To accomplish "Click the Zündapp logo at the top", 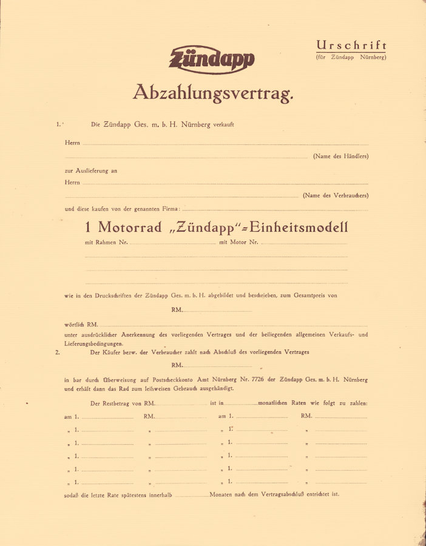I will point(212,59).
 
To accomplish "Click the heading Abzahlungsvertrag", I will point(213,93).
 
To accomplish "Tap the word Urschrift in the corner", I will point(351,45).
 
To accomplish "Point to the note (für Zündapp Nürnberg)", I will point(351,57).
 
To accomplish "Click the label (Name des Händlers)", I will point(340,157).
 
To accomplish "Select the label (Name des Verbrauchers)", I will point(335,195).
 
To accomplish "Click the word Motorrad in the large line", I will point(130,227).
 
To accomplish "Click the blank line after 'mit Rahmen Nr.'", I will point(173,244).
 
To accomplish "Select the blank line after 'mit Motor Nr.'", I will point(304,244).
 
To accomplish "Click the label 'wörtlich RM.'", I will point(81,325).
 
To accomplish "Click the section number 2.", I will point(58,352).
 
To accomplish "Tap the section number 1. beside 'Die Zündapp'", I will point(59,124).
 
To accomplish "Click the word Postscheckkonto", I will point(183,379).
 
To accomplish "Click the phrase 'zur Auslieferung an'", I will point(91,170).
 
